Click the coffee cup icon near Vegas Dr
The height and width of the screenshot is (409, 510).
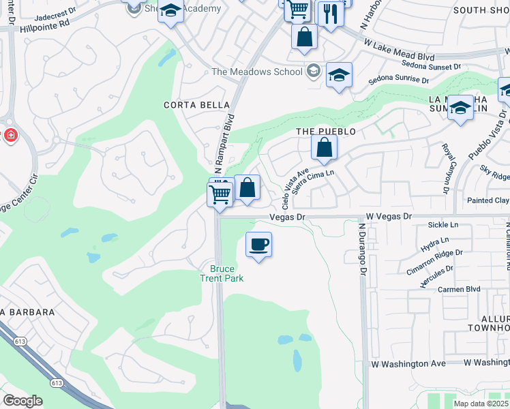pos(258,244)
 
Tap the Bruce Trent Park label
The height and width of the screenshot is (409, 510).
pos(222,273)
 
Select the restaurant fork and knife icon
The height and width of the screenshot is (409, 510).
pos(331,14)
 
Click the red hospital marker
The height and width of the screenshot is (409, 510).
pos(10,135)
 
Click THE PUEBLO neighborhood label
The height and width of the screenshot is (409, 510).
pos(326,131)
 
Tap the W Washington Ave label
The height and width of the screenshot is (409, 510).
pos(408,364)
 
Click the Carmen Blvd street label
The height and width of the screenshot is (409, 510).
pos(459,289)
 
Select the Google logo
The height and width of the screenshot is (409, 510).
pos(22,401)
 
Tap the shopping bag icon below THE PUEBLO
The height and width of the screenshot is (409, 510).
pos(325,147)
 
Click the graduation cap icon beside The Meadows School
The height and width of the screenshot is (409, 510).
pos(338,76)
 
